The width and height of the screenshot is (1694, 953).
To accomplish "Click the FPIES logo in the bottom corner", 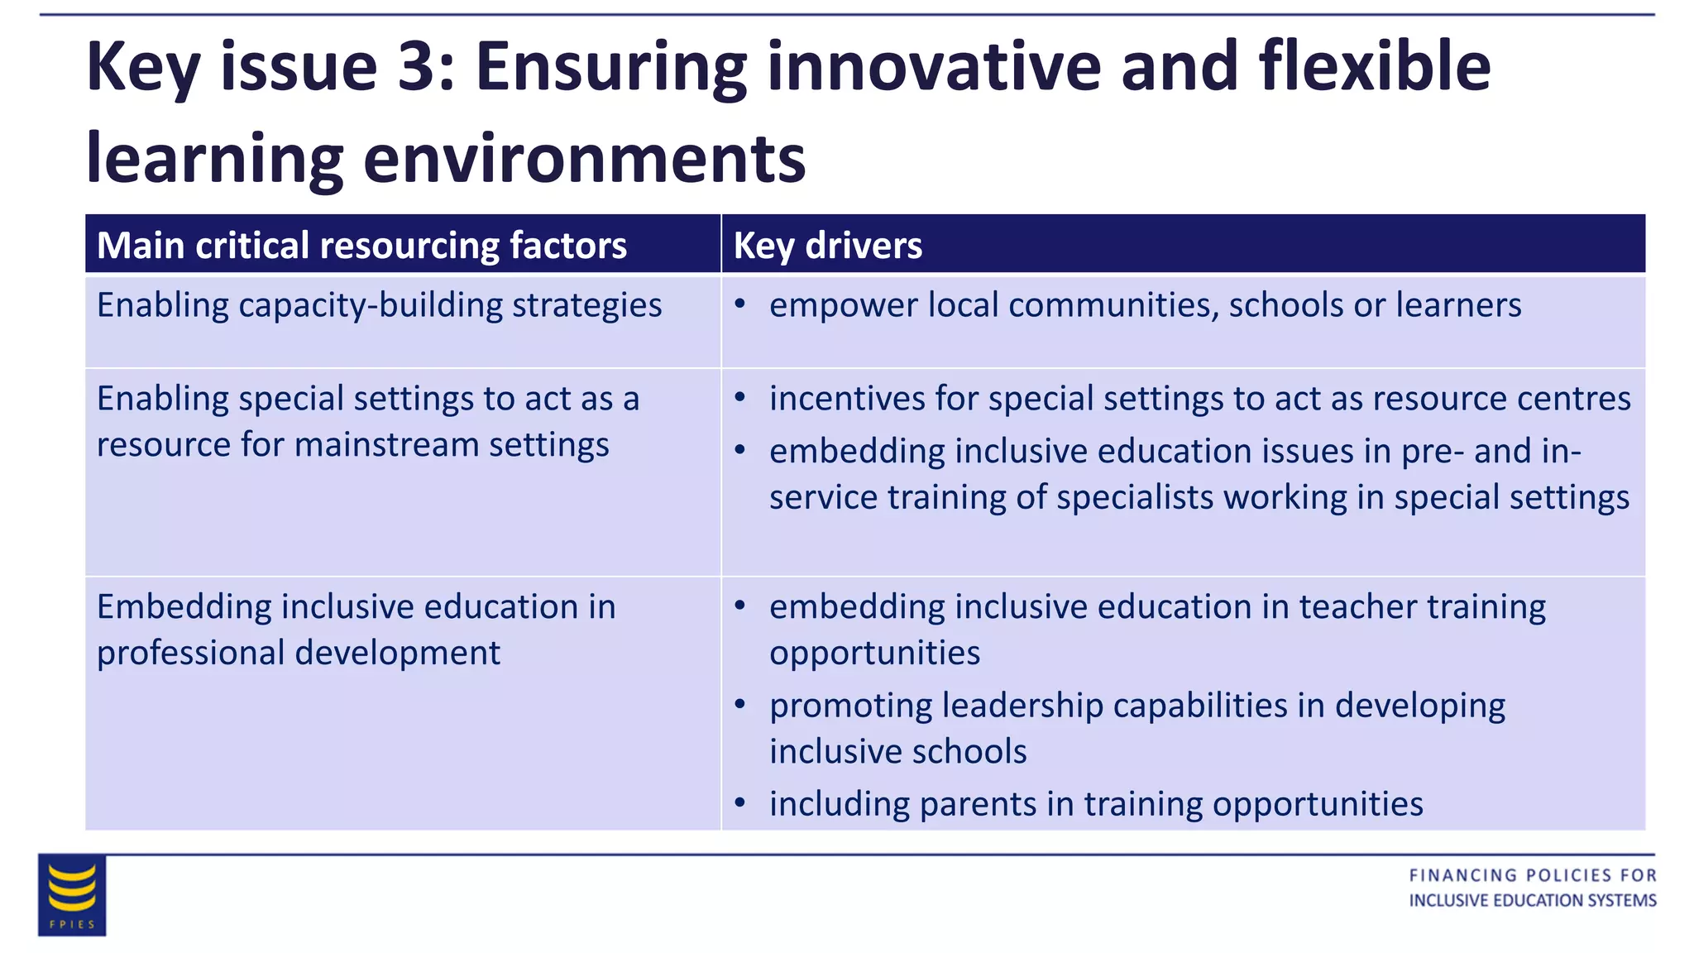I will (x=72, y=895).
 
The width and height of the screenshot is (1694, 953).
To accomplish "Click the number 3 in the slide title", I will (x=416, y=66).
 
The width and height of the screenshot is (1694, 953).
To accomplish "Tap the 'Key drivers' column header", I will (x=828, y=246).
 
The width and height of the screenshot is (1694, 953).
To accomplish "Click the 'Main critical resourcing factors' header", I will (x=361, y=246).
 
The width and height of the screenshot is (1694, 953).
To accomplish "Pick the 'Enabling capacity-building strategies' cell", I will (x=379, y=305).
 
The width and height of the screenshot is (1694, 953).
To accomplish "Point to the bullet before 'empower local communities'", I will (x=740, y=304).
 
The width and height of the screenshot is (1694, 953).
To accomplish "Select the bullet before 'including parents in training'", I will (x=740, y=802).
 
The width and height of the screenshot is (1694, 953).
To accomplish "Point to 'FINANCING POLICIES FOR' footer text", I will (x=1533, y=875).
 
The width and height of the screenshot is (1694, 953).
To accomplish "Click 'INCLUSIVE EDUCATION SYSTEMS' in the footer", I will (x=1533, y=900).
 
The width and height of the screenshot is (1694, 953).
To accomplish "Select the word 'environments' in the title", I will (x=584, y=159).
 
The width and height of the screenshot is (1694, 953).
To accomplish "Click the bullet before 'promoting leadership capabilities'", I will (x=740, y=705).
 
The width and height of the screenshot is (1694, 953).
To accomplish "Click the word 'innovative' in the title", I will (x=934, y=66).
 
